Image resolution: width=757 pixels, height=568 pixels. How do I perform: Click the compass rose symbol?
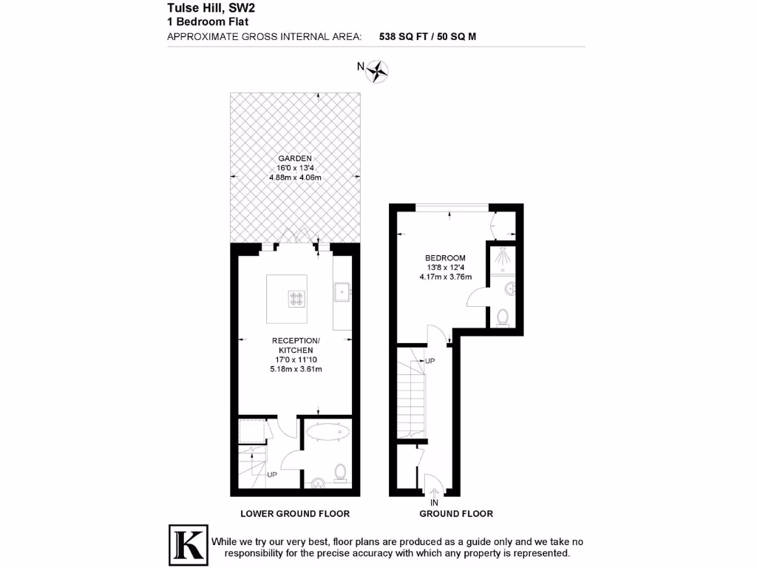click(378, 71)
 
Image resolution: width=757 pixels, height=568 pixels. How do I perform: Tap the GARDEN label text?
click(295, 158)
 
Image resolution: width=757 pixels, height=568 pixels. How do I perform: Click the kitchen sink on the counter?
click(343, 291)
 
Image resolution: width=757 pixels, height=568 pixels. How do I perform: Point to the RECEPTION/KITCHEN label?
click(295, 345)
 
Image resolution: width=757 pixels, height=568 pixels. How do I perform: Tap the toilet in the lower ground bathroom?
click(340, 471)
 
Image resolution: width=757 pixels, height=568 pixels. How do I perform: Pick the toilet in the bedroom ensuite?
click(503, 317)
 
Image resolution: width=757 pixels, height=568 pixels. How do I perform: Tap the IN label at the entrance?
click(434, 502)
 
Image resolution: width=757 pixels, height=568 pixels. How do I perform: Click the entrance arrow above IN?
click(434, 490)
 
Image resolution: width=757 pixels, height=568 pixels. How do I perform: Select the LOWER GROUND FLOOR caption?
click(295, 513)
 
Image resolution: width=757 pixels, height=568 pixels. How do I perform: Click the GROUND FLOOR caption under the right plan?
click(456, 513)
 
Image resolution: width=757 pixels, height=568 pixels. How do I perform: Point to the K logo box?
click(187, 543)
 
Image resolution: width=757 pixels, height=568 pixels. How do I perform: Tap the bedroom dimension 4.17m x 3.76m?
click(444, 277)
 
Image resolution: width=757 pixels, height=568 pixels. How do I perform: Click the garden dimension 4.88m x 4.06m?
click(295, 177)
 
